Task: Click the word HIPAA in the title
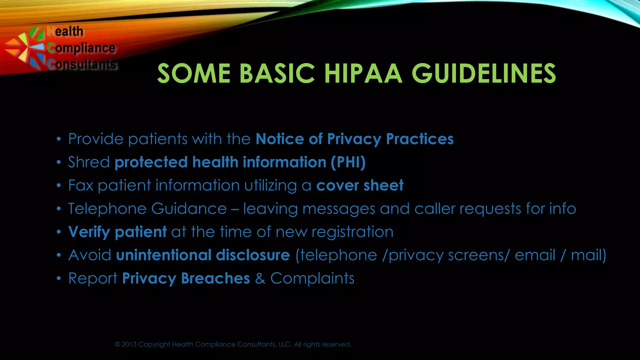[363, 74]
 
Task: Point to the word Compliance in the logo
[81, 48]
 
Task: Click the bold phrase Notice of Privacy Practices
[354, 139]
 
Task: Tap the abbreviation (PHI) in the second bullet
[348, 162]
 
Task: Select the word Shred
[89, 162]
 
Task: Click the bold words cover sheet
[360, 185]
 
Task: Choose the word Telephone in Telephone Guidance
[107, 209]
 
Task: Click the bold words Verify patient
[117, 232]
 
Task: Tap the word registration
[352, 232]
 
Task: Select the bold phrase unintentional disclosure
[203, 255]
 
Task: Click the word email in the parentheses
[535, 255]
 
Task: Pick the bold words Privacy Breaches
[186, 278]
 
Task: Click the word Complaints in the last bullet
[312, 278]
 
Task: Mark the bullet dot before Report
[58, 278]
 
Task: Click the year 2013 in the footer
[129, 344]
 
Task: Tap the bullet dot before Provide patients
[58, 139]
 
